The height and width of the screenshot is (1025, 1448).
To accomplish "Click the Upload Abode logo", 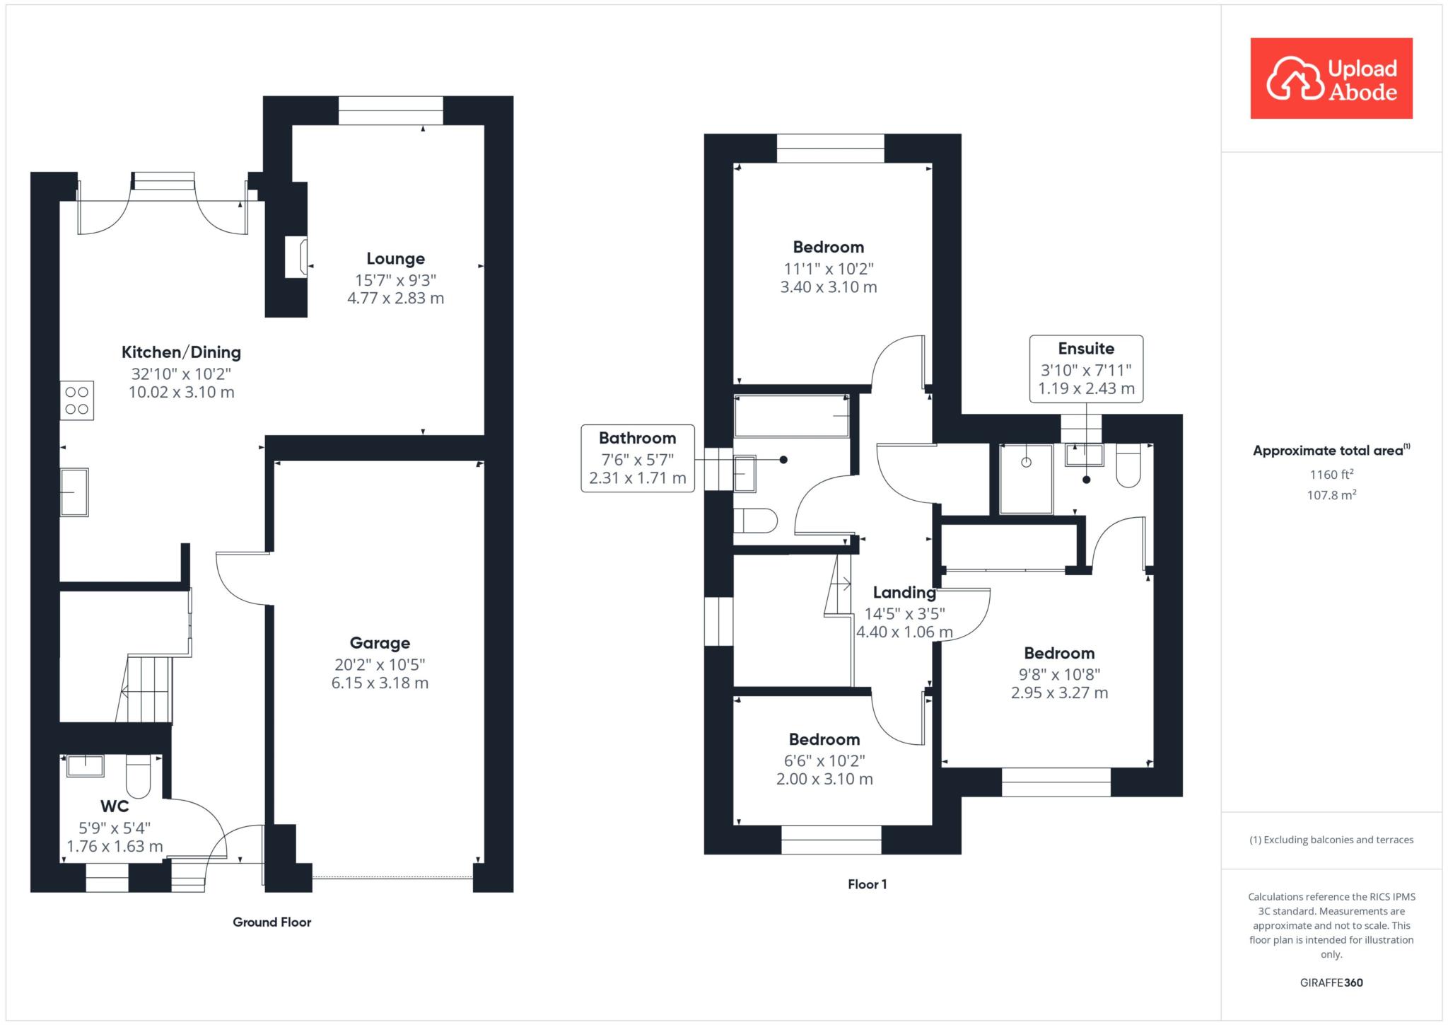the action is tap(1331, 79).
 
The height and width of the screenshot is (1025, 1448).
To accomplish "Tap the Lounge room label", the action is tap(395, 259).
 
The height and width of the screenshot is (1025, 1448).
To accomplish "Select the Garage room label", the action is tap(380, 643).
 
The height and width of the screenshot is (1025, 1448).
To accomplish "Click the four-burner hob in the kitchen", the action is tap(77, 400).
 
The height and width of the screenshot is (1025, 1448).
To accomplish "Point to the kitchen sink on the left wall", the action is tap(74, 492).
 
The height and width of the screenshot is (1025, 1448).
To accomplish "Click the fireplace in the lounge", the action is tap(296, 257).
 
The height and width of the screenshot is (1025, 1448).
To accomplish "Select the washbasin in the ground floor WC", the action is tap(85, 765).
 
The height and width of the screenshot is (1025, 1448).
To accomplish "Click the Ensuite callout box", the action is tap(1086, 369).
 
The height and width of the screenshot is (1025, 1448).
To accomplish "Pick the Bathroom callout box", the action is tap(638, 458).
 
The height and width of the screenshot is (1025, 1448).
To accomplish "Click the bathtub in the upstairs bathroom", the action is tap(792, 416).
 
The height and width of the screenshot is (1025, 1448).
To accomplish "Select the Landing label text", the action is tap(904, 593).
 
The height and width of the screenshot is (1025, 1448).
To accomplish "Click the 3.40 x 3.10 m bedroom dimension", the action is tap(828, 287).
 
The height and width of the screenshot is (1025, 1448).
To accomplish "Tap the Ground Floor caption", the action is tap(272, 922).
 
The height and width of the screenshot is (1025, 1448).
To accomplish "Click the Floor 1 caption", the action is tap(868, 884).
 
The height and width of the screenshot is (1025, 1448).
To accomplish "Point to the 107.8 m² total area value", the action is tap(1331, 495).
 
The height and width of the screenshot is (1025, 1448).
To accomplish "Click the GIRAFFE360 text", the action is tap(1331, 983).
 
